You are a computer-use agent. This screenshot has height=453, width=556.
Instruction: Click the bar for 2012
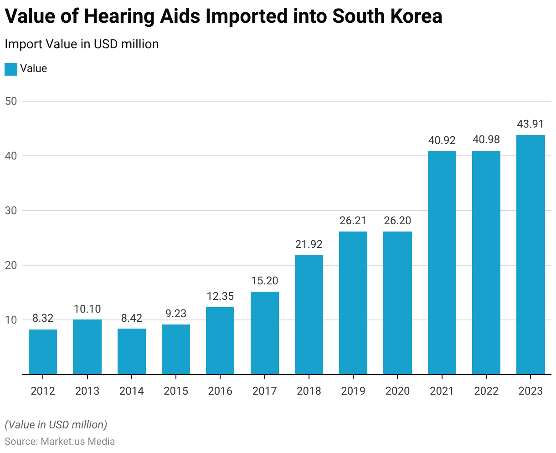(x=43, y=352)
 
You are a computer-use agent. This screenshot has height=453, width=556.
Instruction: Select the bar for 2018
(x=309, y=314)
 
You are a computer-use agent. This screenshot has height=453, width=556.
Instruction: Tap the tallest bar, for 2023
(x=530, y=255)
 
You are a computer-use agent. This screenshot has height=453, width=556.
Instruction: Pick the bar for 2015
(x=176, y=349)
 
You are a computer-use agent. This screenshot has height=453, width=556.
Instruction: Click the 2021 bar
(x=442, y=263)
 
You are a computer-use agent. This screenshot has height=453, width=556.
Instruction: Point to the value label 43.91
(x=530, y=124)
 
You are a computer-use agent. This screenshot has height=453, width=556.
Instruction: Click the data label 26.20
(x=397, y=221)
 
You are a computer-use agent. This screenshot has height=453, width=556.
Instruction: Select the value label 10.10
(x=87, y=309)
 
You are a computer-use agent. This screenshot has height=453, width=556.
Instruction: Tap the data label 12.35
(x=220, y=296)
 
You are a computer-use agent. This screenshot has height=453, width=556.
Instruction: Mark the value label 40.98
(x=486, y=140)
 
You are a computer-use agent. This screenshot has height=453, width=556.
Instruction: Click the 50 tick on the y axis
(x=11, y=101)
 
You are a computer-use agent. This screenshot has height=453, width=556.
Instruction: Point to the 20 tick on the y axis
(x=11, y=265)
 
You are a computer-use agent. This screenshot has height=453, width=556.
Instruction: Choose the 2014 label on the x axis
(x=131, y=391)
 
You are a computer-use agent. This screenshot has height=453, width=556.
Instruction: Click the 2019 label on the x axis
(x=353, y=391)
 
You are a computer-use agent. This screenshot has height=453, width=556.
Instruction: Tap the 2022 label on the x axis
(x=486, y=391)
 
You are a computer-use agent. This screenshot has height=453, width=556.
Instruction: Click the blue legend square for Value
(x=10, y=69)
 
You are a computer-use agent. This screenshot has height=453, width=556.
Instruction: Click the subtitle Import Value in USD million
(x=82, y=44)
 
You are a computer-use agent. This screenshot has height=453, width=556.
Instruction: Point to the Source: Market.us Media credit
(x=60, y=442)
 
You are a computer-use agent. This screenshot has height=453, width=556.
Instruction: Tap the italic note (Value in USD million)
(x=56, y=425)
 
